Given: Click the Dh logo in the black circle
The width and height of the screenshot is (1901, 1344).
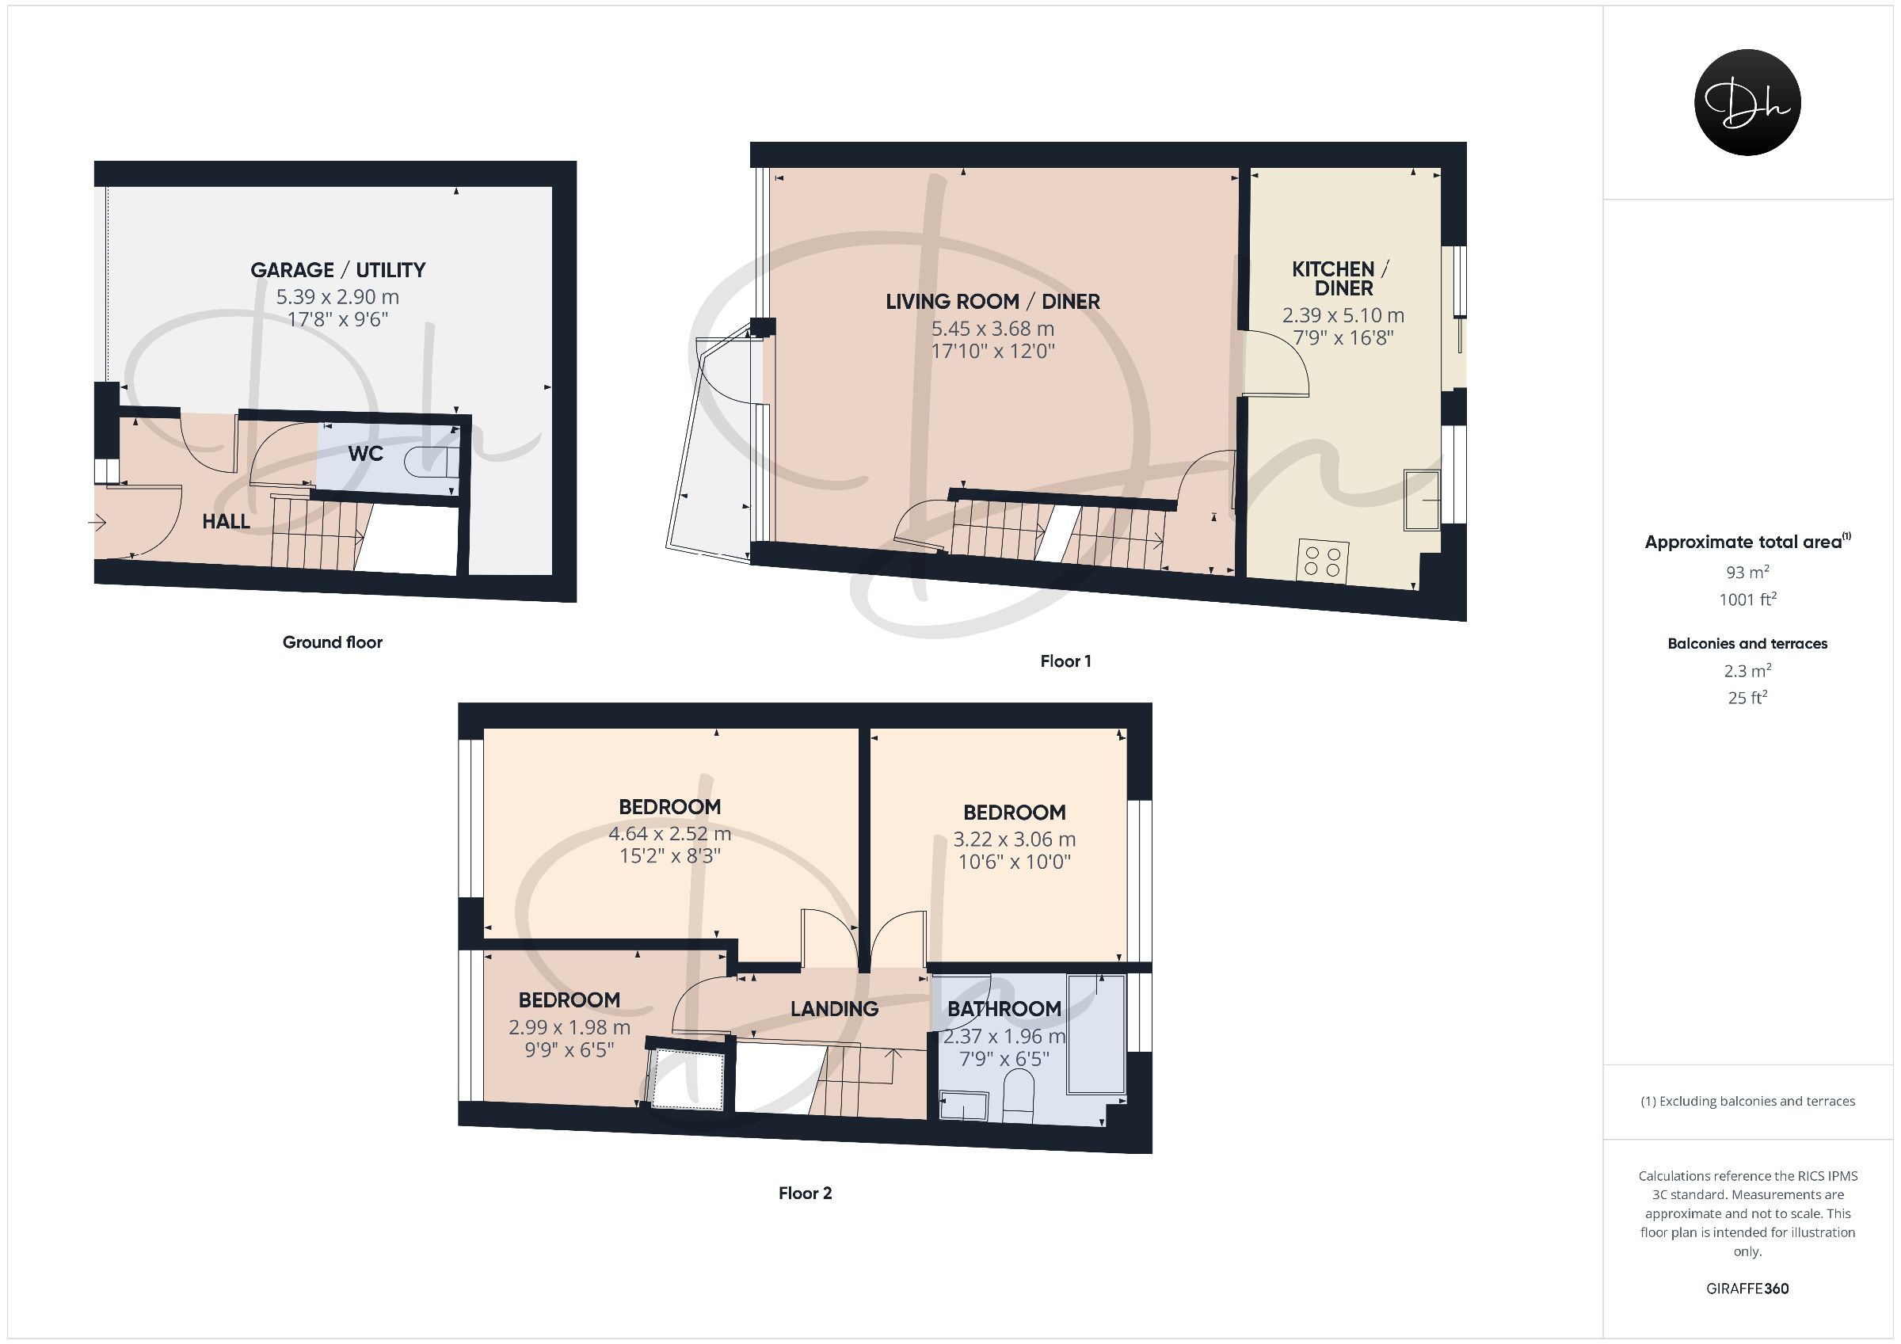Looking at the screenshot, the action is (x=1747, y=102).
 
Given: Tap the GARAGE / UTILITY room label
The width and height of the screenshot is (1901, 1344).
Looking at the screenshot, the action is (x=337, y=270).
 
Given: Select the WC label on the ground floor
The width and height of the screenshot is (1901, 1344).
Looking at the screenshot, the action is (x=365, y=454).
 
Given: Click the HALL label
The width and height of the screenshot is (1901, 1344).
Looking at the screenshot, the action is (x=226, y=521).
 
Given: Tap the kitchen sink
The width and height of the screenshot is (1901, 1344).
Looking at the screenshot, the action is (x=1423, y=499).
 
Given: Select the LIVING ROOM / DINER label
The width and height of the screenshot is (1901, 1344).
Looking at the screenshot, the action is (x=992, y=302).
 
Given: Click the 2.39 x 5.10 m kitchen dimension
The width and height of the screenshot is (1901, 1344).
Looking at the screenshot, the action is (x=1343, y=315).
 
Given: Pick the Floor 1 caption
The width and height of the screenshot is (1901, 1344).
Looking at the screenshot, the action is (x=1065, y=661).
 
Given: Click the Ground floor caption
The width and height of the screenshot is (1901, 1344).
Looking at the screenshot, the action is (x=333, y=642).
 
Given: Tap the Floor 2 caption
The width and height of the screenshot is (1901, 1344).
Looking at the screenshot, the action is (x=805, y=1193).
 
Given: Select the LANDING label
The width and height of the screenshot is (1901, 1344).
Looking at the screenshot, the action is (x=834, y=1009).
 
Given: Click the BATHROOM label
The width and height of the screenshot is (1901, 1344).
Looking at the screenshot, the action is (x=1004, y=1009).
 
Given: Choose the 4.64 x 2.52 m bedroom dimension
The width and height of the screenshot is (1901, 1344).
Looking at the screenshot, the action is (x=670, y=833).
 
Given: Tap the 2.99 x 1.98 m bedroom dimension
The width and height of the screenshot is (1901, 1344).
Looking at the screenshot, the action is (x=570, y=1028).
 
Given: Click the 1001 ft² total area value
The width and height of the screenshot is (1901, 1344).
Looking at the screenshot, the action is (x=1747, y=599).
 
